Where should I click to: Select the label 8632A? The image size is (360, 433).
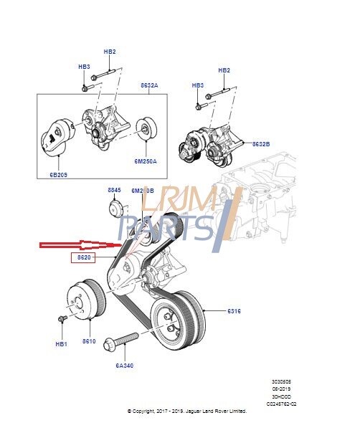(x=149, y=85)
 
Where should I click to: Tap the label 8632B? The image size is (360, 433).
(x=261, y=143)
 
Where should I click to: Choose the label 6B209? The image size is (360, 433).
(x=59, y=173)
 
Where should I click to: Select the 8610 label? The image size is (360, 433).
(x=89, y=341)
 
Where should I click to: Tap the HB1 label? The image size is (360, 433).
(x=61, y=344)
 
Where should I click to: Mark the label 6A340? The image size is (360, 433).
(x=124, y=366)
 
